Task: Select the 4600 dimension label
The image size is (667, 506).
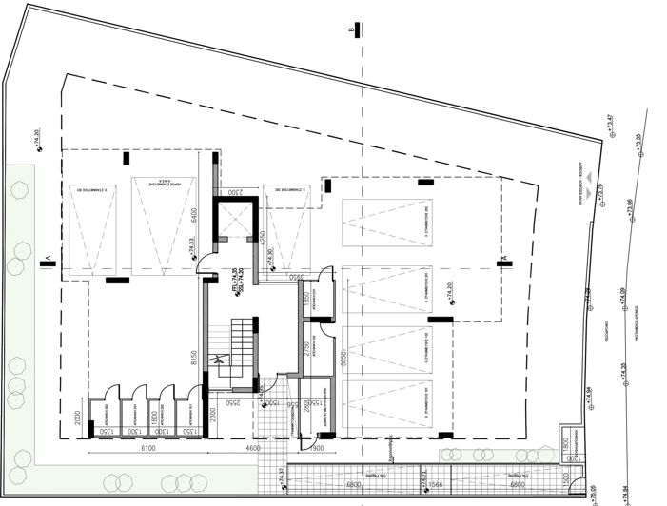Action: click(x=252, y=447)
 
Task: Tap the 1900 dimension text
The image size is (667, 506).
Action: click(x=318, y=447)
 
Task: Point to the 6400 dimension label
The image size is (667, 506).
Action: click(x=193, y=214)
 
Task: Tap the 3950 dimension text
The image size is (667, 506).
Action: click(x=295, y=276)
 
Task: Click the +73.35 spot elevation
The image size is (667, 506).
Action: click(x=639, y=141)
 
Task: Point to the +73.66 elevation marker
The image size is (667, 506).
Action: click(x=631, y=207)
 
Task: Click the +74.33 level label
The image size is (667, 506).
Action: click(x=191, y=246)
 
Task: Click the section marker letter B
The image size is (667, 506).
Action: click(x=352, y=30)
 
